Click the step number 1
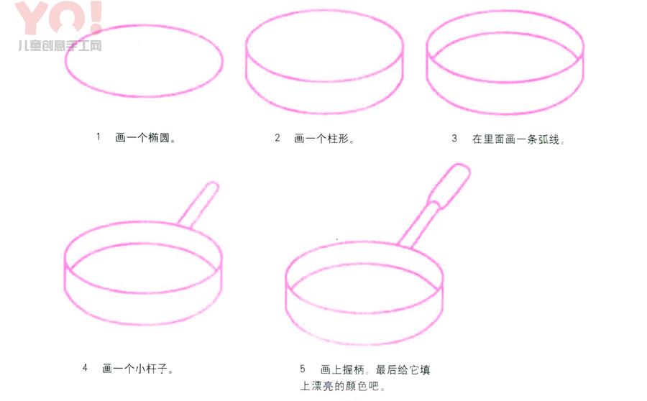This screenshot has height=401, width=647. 98,137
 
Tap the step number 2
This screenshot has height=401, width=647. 277,137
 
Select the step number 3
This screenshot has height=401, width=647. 454,138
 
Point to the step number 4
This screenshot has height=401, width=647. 85,367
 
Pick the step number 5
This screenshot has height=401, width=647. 303,369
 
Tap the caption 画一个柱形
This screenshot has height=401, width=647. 324,138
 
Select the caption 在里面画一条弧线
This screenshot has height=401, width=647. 518,139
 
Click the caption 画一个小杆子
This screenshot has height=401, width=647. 138,368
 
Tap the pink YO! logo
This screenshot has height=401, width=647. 59,18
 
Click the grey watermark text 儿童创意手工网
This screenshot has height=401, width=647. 60,45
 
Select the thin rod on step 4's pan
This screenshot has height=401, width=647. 199,205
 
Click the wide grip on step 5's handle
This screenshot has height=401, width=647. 450,185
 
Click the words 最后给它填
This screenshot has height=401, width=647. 403,369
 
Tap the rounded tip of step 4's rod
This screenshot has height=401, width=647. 214,185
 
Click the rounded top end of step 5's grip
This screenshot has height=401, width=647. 462,168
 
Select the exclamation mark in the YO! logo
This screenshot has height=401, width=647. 96,17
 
